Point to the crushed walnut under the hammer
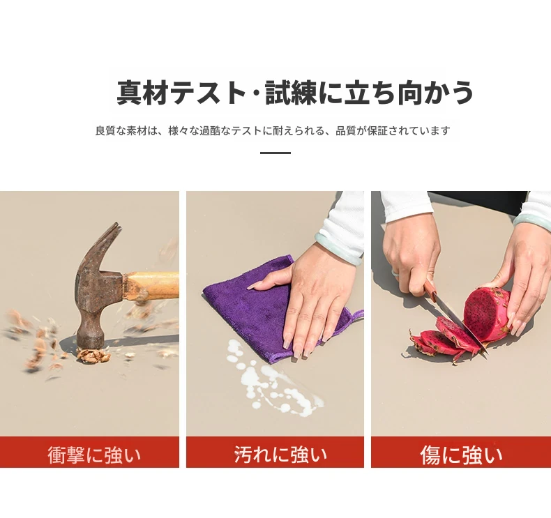tap(93, 356)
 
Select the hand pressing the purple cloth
tap(309, 298)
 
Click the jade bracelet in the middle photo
tap(338, 247)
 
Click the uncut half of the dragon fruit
tap(487, 312)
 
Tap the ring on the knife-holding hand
tap(396, 273)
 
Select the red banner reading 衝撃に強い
tap(89, 452)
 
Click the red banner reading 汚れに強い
tap(275, 452)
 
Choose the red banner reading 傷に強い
tap(461, 452)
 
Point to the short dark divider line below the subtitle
tap(275, 153)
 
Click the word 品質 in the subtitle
tap(346, 130)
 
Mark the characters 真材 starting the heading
tap(143, 92)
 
